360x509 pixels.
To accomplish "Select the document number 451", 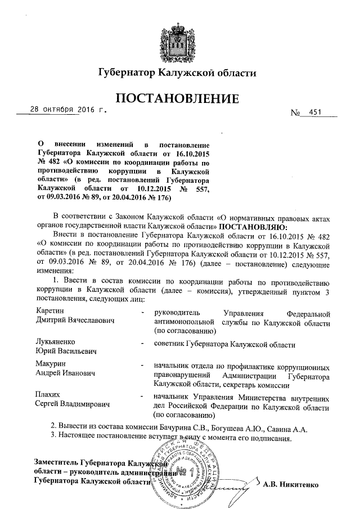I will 316,112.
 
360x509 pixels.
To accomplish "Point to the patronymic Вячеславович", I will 87,320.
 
